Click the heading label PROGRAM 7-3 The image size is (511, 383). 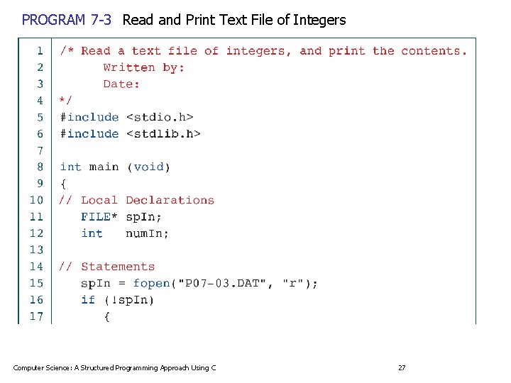click(x=67, y=20)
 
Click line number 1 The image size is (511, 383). click(x=40, y=50)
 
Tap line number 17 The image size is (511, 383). click(x=36, y=316)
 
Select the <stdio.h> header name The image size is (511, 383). click(x=160, y=117)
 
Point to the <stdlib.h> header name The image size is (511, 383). click(x=163, y=133)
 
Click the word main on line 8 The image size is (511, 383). click(x=104, y=167)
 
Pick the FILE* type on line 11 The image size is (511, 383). click(x=99, y=216)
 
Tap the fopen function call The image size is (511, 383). click(x=152, y=283)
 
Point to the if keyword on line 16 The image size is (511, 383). click(x=88, y=300)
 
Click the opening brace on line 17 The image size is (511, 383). click(x=106, y=316)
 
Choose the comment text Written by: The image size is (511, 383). click(x=144, y=67)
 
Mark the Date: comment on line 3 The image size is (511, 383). click(x=121, y=84)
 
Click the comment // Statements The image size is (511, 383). click(x=106, y=267)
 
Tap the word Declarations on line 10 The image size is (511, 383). click(x=170, y=200)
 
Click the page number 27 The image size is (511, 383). click(x=402, y=367)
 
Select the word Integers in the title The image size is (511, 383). click(x=319, y=20)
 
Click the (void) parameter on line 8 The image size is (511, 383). click(x=148, y=167)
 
